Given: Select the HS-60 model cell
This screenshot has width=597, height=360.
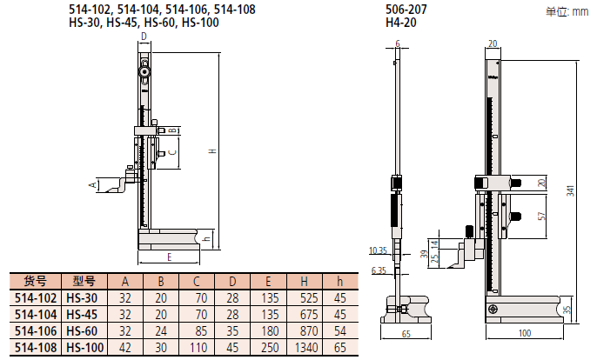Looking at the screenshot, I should click(x=84, y=331).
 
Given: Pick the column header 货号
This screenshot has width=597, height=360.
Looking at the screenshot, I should click(x=35, y=281).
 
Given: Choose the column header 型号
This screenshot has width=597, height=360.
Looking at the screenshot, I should click(x=84, y=281).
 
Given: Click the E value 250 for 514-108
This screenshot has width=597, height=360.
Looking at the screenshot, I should click(x=268, y=348).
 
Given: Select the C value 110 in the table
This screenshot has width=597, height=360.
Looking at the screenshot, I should click(x=197, y=348).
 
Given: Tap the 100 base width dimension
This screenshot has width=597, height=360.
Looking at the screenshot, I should click(x=524, y=333).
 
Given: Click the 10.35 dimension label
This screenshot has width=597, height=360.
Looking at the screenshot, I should click(x=378, y=250).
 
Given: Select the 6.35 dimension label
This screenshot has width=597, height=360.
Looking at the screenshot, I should click(x=378, y=270).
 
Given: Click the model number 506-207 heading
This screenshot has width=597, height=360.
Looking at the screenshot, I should click(x=402, y=10).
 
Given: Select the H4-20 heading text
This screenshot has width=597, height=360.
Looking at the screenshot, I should click(x=397, y=23).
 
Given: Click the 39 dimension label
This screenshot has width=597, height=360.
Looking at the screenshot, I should click(x=425, y=253).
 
